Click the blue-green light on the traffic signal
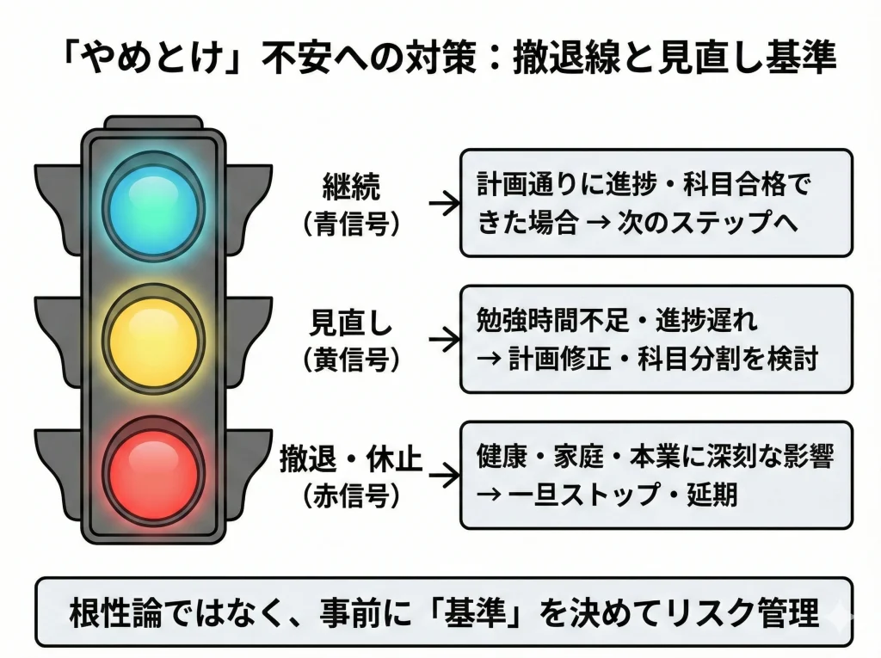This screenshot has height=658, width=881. tap(153, 204)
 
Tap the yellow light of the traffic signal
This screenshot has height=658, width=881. tap(153, 338)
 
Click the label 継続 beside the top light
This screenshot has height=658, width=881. tap(351, 187)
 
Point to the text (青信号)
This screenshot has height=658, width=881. tap(351, 224)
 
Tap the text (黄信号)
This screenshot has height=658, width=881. tap(351, 360)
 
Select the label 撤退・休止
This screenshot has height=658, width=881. tap(351, 460)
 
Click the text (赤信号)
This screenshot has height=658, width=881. tap(351, 496)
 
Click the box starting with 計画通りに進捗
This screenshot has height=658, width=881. tap(656, 203)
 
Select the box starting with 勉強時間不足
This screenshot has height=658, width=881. tap(656, 339)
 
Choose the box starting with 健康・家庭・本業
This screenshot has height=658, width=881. tap(656, 474)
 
